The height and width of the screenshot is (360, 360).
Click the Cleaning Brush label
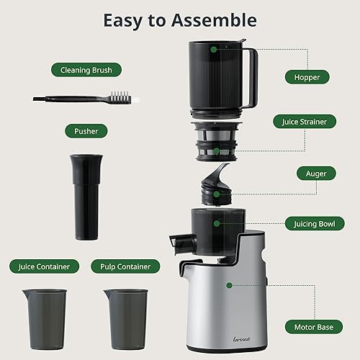click(x=86, y=71)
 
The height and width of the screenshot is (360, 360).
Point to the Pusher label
click(x=86, y=131)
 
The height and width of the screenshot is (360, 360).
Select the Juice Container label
click(x=45, y=266)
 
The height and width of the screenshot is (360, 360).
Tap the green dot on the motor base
click(x=228, y=285)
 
